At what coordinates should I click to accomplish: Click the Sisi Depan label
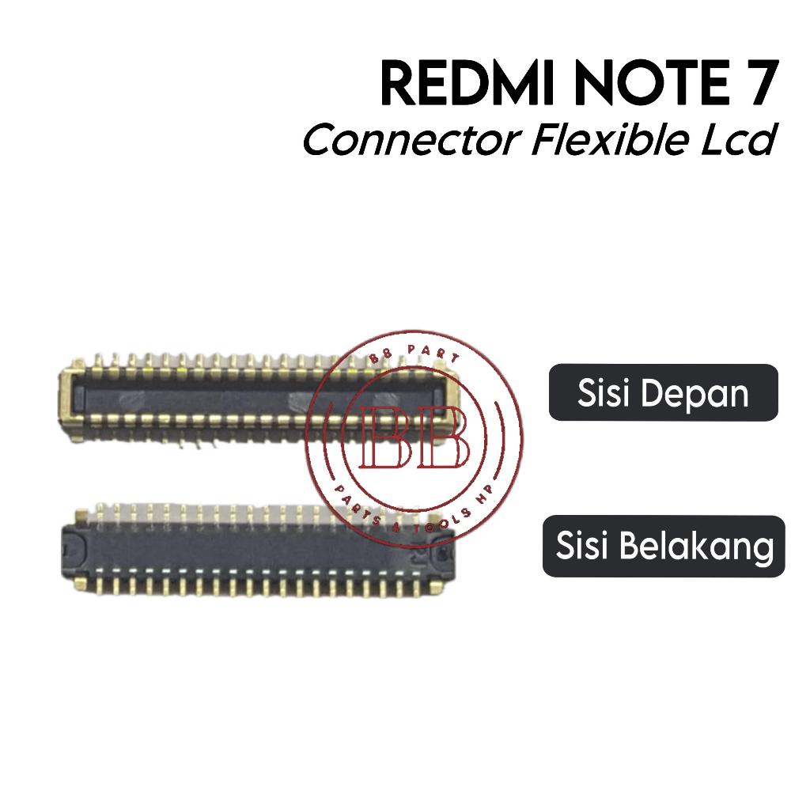tap(663, 392)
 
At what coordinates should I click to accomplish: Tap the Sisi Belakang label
tap(664, 546)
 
